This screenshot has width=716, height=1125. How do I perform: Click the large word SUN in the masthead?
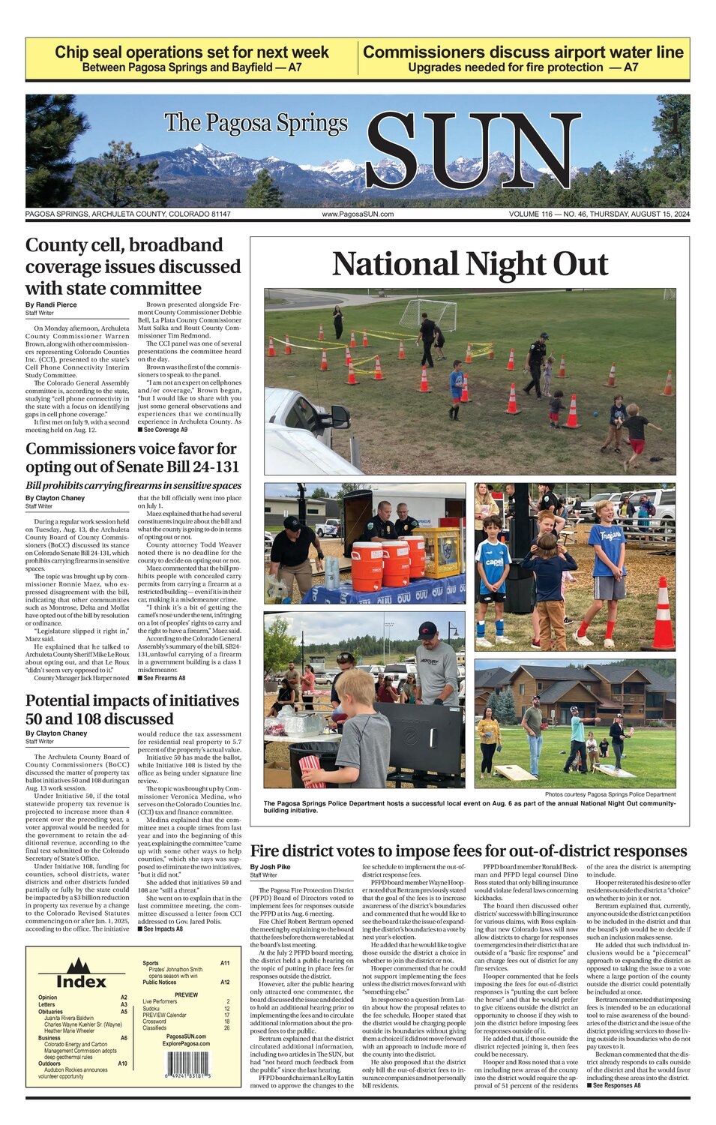tap(472, 152)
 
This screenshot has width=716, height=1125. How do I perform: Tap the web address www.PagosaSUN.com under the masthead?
tap(358, 214)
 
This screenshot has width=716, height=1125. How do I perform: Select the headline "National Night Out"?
tap(470, 264)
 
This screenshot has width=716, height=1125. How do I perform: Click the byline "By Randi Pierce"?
tap(51, 304)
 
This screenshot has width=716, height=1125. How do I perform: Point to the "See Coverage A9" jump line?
tap(163, 430)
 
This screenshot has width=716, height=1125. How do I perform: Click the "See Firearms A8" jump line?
tap(161, 678)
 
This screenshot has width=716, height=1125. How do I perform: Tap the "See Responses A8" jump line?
tap(614, 1085)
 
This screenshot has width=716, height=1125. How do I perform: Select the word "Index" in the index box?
tap(81, 981)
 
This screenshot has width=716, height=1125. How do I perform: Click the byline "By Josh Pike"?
tap(270, 867)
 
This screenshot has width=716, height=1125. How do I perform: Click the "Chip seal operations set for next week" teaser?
tap(192, 58)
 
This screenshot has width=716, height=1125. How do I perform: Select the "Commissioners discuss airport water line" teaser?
tap(523, 58)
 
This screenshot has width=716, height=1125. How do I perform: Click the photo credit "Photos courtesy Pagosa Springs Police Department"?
tap(610, 794)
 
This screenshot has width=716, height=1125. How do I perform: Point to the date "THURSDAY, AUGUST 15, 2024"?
tap(640, 214)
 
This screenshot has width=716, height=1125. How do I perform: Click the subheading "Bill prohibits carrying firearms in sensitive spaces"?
tap(133, 485)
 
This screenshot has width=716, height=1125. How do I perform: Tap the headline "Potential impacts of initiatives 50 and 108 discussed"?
tap(132, 709)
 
